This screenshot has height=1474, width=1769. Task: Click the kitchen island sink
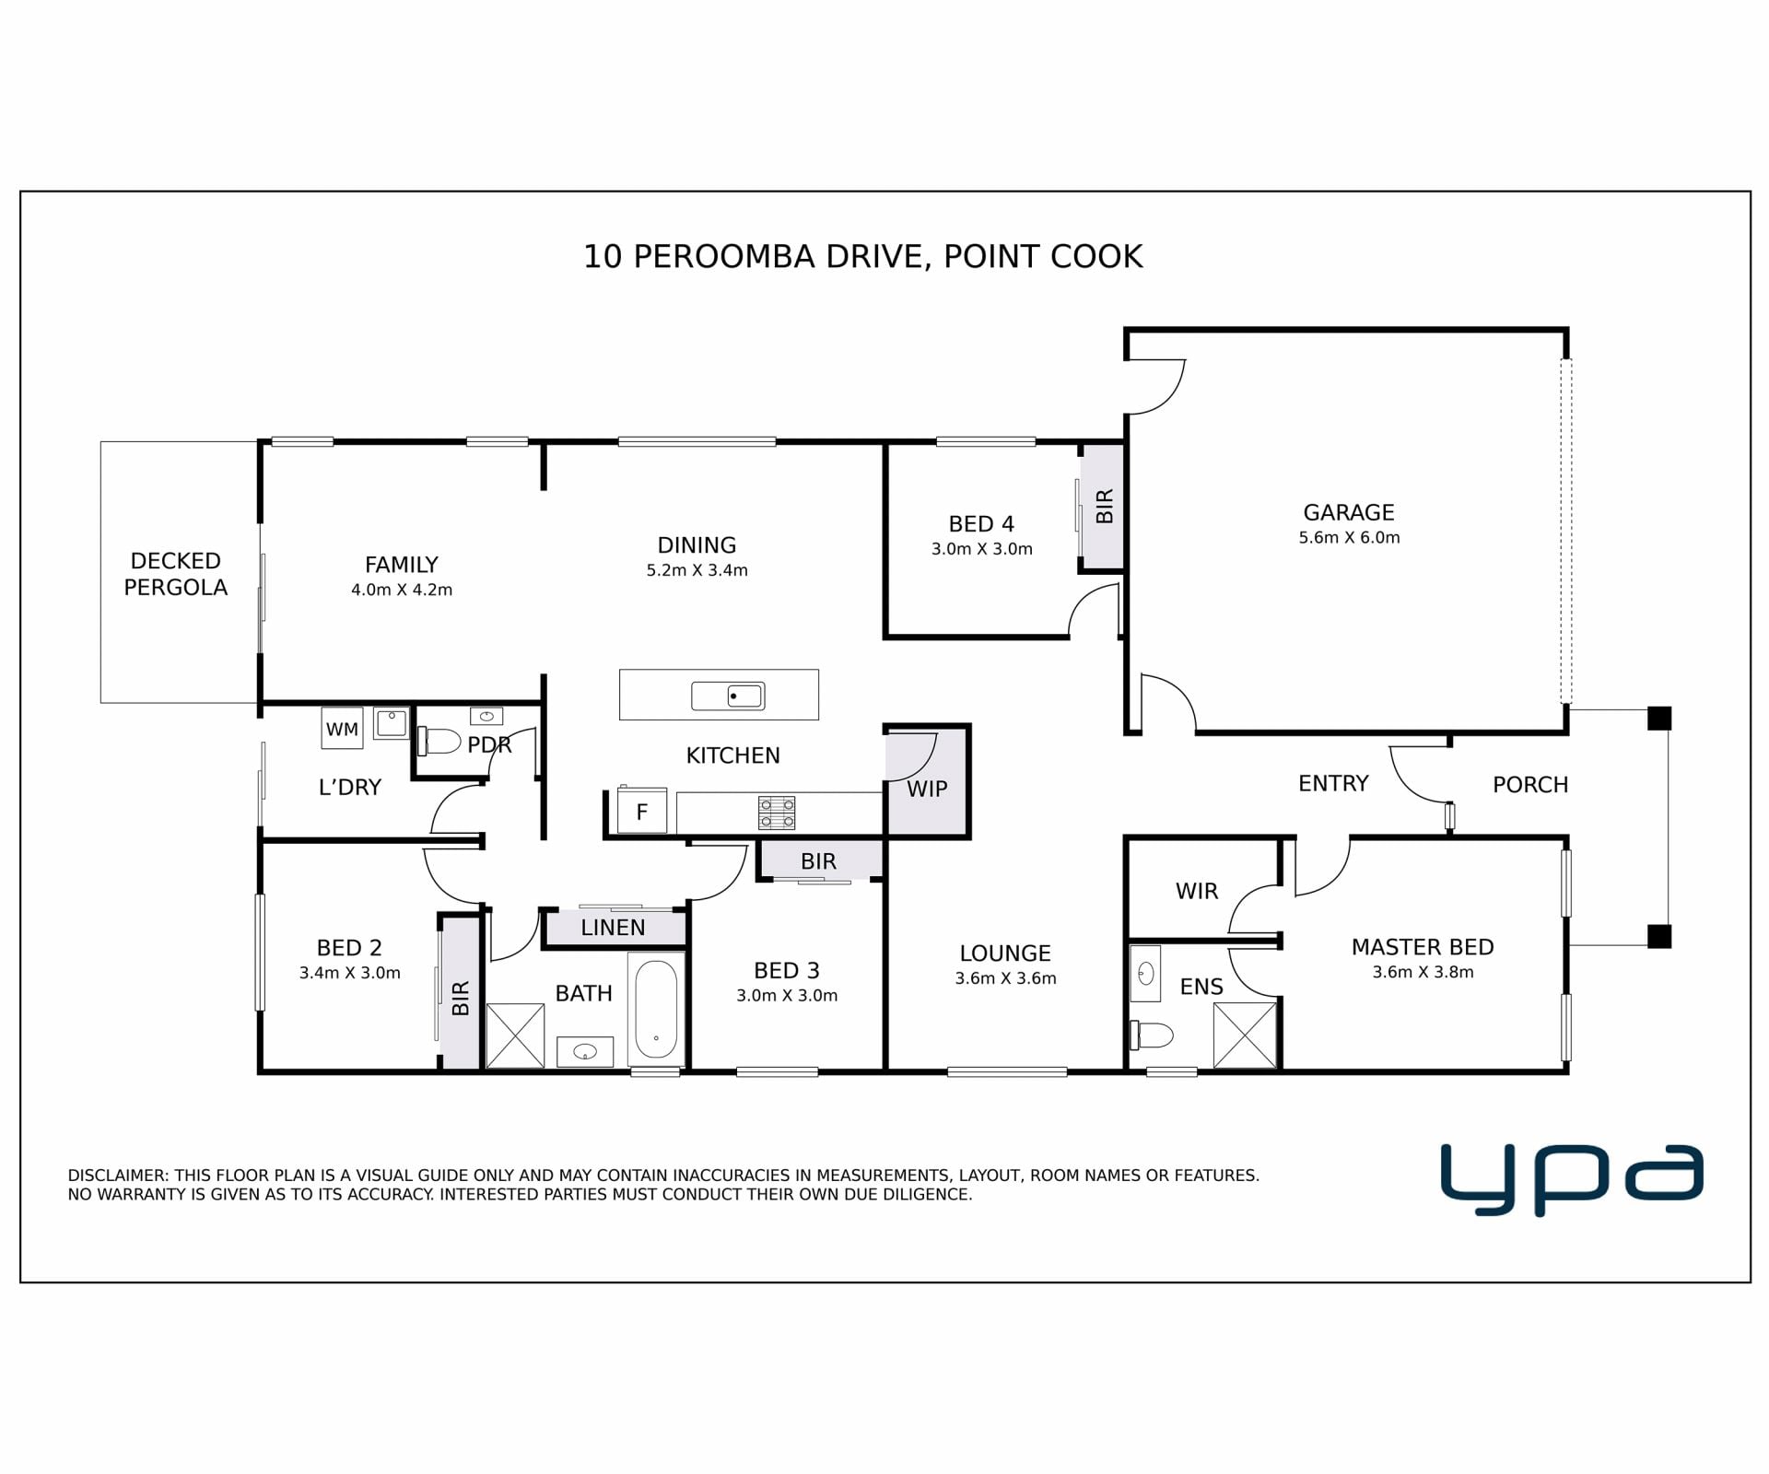728,696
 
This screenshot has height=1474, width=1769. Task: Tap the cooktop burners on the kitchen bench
777,813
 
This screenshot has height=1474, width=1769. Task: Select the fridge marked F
641,812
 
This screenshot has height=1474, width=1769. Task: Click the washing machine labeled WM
342,729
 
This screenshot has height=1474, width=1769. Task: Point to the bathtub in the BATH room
655,1009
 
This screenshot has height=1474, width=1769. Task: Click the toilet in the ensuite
1152,1035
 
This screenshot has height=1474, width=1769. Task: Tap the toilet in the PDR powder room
439,741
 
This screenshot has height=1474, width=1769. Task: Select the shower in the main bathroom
515,1035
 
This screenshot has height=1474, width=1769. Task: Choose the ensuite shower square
1245,1035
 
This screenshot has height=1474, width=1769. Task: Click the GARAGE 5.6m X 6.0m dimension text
1349,538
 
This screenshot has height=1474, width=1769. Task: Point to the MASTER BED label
1423,947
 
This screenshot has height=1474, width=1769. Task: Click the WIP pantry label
927,790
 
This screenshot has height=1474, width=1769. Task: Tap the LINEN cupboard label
613,928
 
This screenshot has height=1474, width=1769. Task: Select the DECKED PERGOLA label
175,574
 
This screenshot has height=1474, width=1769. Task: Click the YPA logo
1572,1180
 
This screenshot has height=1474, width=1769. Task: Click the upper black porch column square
1659,718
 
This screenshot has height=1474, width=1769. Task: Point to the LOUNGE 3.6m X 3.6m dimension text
1005,979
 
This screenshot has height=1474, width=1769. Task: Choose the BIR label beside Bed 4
1105,506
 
